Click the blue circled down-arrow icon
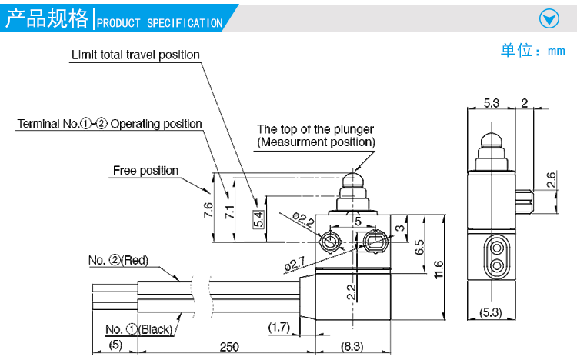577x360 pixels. pos(549,19)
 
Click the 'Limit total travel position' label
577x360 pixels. pos(135,55)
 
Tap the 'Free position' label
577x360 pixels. pos(145,170)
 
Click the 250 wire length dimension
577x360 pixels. pos(228,348)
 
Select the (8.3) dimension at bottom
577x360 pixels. pos(352,348)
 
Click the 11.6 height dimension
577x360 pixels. pos(438,269)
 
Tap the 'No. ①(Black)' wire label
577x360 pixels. pos(138,329)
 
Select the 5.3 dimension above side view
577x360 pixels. pos(492,103)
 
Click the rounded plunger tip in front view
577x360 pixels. pos(354,182)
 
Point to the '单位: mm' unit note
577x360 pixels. pos(532,52)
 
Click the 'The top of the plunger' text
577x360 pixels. pos(315,128)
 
